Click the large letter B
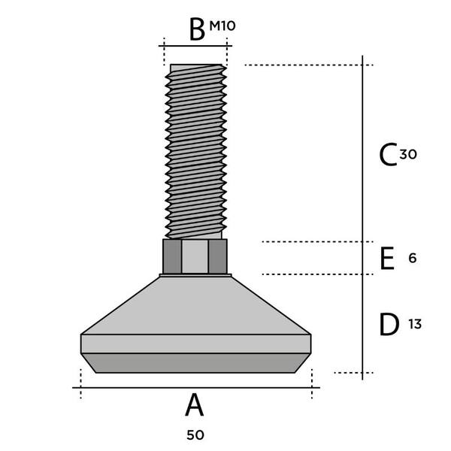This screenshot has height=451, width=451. [197, 29]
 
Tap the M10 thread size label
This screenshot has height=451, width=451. [222, 26]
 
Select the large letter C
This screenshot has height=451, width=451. [388, 154]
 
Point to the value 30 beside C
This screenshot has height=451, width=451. [408, 155]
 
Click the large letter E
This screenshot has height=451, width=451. [387, 259]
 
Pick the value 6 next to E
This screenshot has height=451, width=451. [413, 259]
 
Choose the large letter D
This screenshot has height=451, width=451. [389, 325]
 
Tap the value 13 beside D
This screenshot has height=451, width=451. [415, 324]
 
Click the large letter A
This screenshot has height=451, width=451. [195, 405]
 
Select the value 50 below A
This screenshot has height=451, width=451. [195, 435]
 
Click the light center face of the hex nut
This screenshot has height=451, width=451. [195, 256]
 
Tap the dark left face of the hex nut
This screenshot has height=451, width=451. [172, 256]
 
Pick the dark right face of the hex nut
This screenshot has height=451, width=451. [218, 256]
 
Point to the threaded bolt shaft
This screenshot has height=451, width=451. [195, 152]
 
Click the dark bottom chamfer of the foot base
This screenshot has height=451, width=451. [196, 363]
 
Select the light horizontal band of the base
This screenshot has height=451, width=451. [196, 344]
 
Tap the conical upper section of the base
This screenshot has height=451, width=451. [195, 305]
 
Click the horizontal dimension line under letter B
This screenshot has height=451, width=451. [195, 46]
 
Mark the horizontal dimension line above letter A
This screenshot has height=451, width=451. [196, 388]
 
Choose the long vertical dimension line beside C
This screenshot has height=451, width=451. [362, 218]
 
